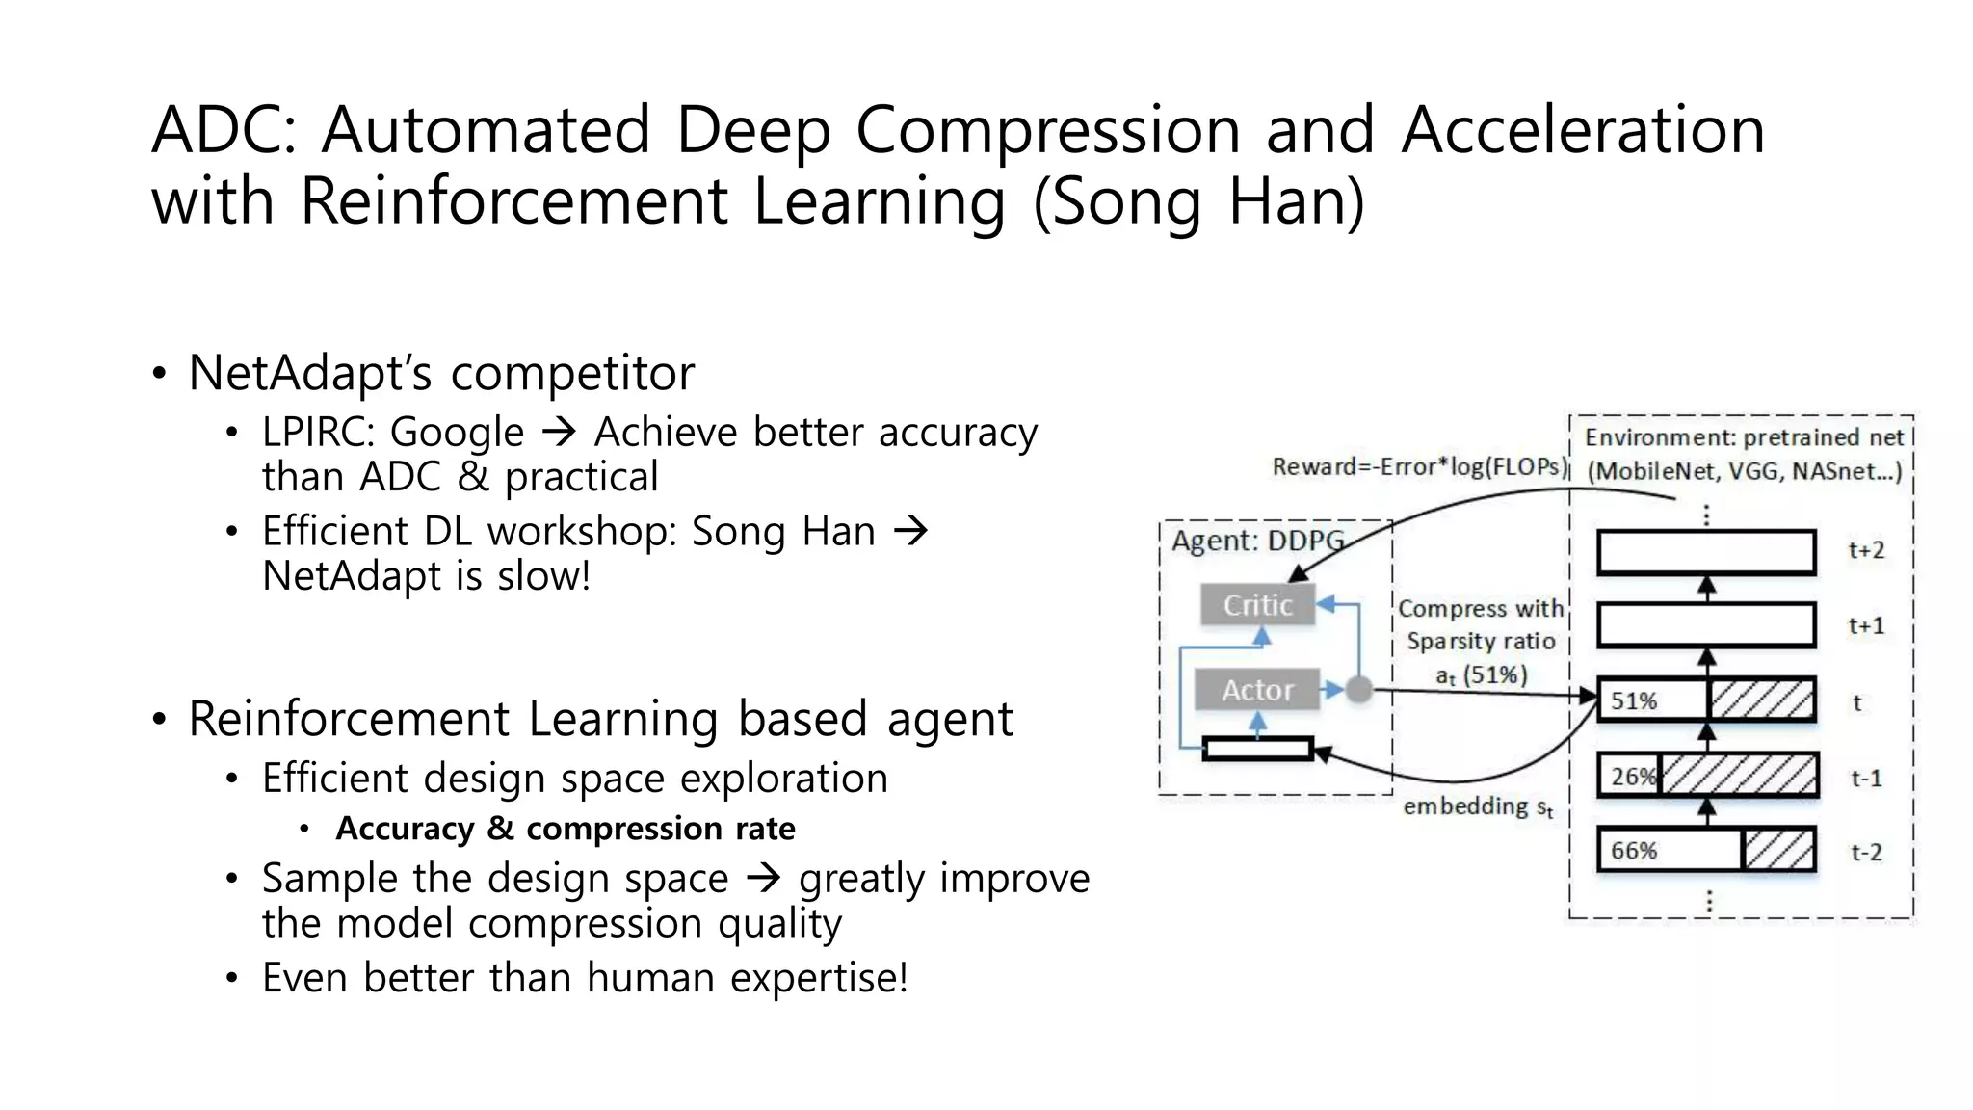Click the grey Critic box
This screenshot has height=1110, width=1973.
(1257, 605)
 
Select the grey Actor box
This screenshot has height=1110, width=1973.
(1257, 690)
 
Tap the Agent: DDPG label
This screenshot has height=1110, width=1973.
(1256, 541)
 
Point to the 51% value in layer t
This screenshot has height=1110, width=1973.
(1634, 700)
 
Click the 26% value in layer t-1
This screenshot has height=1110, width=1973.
(1632, 776)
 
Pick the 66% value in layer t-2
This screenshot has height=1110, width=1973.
(1634, 851)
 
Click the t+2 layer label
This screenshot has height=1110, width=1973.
(1866, 550)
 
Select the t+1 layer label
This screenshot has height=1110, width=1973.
(1866, 626)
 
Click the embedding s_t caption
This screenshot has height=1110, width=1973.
(1477, 806)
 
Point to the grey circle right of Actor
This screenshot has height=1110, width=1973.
(1358, 690)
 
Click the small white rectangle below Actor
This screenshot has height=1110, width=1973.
(1258, 749)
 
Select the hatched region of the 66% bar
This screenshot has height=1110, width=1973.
(1778, 850)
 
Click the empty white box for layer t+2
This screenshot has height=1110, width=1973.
(1706, 552)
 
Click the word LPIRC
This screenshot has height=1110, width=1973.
(317, 433)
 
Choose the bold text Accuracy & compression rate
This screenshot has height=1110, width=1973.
(566, 829)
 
